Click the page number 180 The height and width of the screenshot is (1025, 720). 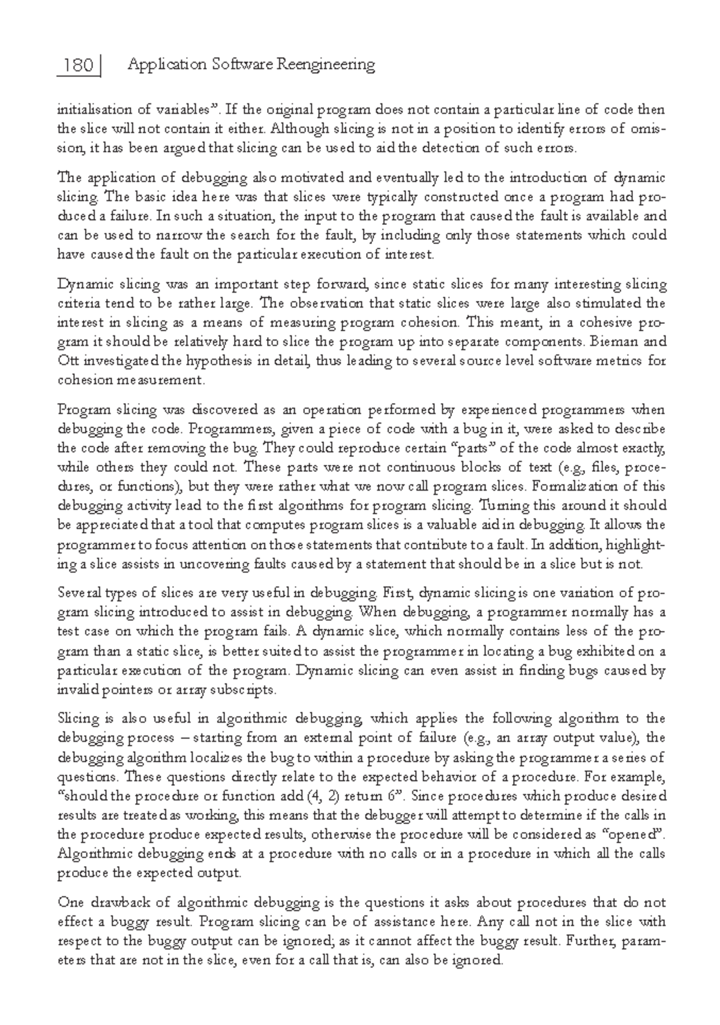[x=78, y=65]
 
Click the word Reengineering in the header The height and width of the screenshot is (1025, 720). [x=325, y=65]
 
